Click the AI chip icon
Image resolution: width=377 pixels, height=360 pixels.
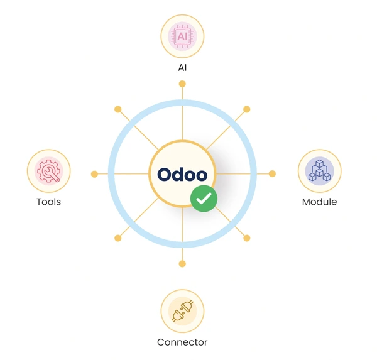point(182,36)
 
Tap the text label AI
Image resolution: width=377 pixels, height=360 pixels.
point(182,68)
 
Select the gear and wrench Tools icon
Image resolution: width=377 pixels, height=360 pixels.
point(48,171)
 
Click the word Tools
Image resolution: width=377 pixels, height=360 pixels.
point(48,202)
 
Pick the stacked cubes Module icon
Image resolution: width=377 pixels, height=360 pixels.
point(319,171)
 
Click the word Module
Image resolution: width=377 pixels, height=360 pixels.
point(319,202)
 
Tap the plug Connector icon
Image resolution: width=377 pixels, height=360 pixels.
point(182,311)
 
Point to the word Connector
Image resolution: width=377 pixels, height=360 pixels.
point(182,342)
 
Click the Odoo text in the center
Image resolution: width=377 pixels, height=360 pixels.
point(182,175)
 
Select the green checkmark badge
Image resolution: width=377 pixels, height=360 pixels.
point(204,199)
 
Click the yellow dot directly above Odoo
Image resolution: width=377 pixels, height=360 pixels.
point(182,84)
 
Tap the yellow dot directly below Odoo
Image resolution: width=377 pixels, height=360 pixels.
point(182,264)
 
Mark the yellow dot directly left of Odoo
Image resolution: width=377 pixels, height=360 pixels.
point(94,174)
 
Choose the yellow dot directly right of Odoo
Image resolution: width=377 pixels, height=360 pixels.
point(272,173)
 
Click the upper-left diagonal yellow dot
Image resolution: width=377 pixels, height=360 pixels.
point(118,109)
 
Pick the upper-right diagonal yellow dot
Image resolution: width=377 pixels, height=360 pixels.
point(247,109)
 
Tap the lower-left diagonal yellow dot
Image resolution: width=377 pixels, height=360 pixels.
point(118,238)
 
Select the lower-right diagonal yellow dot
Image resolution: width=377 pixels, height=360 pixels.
point(247,238)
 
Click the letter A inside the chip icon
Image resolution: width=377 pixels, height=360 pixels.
point(180,36)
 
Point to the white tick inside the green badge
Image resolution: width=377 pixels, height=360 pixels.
point(204,198)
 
